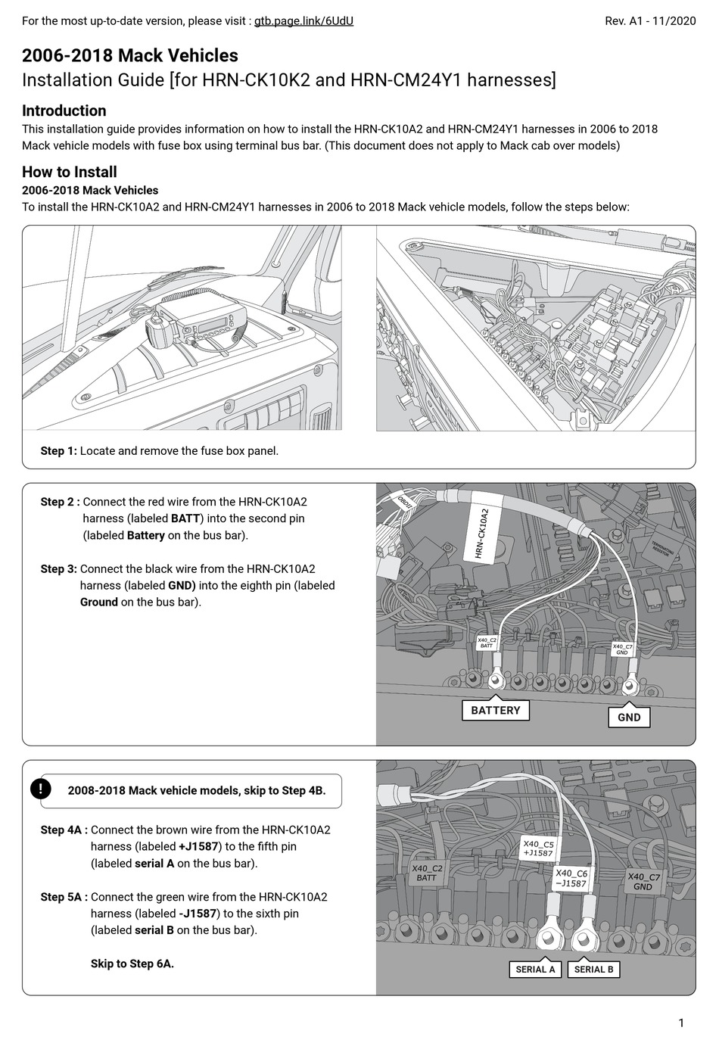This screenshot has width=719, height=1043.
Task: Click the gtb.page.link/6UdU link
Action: (303, 21)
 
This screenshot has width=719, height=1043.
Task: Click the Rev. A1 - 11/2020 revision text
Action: (650, 21)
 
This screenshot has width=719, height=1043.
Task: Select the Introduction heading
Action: (64, 111)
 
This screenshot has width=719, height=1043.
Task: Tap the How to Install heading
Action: (69, 172)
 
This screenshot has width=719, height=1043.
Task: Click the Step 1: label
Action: (58, 451)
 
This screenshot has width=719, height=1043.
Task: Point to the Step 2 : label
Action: (60, 502)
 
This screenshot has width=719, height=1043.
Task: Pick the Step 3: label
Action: (58, 569)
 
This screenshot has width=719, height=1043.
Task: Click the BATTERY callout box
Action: (496, 710)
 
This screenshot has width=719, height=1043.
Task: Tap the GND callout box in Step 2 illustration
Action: (629, 717)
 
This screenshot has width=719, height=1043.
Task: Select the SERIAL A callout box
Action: (535, 969)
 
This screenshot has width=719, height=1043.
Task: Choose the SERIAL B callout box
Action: (593, 969)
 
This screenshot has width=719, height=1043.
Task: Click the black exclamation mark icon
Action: (40, 789)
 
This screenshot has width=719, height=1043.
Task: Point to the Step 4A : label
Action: (64, 830)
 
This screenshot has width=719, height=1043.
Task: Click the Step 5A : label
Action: (64, 897)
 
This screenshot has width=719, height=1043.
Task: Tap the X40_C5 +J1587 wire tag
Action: (538, 848)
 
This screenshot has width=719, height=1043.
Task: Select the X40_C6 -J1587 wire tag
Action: (571, 878)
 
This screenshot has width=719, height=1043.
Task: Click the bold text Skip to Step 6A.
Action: (132, 964)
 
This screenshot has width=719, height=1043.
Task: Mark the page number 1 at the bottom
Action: (681, 1023)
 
